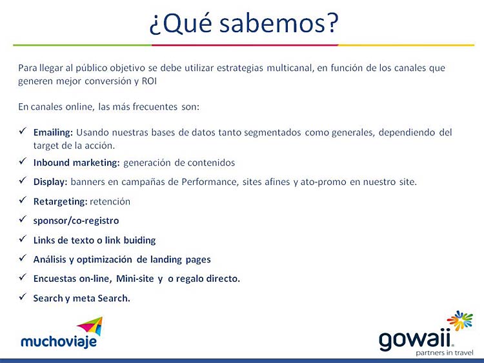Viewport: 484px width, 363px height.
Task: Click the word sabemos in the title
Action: pyautogui.click(x=272, y=24)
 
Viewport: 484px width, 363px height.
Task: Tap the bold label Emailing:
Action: pyautogui.click(x=53, y=133)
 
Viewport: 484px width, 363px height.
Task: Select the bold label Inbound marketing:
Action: pyautogui.click(x=76, y=163)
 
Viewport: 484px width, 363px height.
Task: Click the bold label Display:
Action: pyautogui.click(x=50, y=182)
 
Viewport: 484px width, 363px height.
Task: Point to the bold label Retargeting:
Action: pyautogui.click(x=61, y=202)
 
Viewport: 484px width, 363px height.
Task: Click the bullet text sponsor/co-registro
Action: pyautogui.click(x=76, y=221)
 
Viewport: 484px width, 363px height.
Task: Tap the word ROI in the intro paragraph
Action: pyautogui.click(x=149, y=81)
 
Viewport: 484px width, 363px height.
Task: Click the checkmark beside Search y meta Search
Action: pyautogui.click(x=23, y=297)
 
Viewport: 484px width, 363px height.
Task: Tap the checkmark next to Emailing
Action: pyautogui.click(x=23, y=131)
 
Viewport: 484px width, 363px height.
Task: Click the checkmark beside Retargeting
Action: pyautogui.click(x=23, y=200)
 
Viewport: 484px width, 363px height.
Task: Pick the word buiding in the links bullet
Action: pyautogui.click(x=139, y=240)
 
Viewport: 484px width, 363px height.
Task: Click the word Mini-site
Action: pyautogui.click(x=135, y=279)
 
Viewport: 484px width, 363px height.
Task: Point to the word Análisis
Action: pyautogui.click(x=50, y=260)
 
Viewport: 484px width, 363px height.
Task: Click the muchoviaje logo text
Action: pyautogui.click(x=59, y=342)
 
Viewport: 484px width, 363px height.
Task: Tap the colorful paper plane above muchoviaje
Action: pyautogui.click(x=90, y=326)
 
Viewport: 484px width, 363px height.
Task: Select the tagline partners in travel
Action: pyautogui.click(x=444, y=353)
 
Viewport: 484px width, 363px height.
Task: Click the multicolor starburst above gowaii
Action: pyautogui.click(x=459, y=320)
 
